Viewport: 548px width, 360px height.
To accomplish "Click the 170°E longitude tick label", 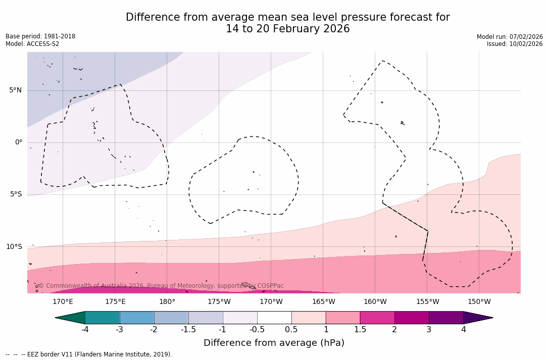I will (x=63, y=302).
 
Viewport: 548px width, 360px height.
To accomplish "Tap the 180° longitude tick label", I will (x=167, y=302).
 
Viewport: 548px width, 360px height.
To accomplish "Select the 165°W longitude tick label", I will (x=323, y=302).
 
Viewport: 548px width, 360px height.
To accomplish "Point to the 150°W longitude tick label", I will (x=479, y=302).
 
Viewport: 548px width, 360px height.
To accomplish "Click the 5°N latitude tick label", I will (x=15, y=90).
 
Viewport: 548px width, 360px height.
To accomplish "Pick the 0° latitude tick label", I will (x=18, y=142).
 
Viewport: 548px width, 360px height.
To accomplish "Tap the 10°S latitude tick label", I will (x=14, y=247).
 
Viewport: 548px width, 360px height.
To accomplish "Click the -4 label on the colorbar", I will (x=85, y=330).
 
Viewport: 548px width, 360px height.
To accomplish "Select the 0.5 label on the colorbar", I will (x=291, y=330).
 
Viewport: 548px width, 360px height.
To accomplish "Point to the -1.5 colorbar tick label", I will (x=188, y=330).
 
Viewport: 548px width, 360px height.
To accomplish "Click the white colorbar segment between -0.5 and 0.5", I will (x=274, y=318).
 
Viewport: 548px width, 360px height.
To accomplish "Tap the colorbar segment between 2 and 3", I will (x=412, y=318).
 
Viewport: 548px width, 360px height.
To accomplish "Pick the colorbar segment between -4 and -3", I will (x=103, y=318).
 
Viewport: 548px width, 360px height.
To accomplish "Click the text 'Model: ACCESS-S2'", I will (x=32, y=44).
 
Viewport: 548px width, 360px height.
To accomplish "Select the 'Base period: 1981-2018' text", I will (x=40, y=36).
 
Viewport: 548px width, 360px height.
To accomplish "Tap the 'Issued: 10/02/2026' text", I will (x=515, y=44).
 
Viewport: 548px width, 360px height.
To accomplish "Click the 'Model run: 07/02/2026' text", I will (x=510, y=36).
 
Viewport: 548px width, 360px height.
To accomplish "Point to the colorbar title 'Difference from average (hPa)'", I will (x=274, y=343).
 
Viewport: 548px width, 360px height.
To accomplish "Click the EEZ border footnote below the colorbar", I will (x=89, y=354).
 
